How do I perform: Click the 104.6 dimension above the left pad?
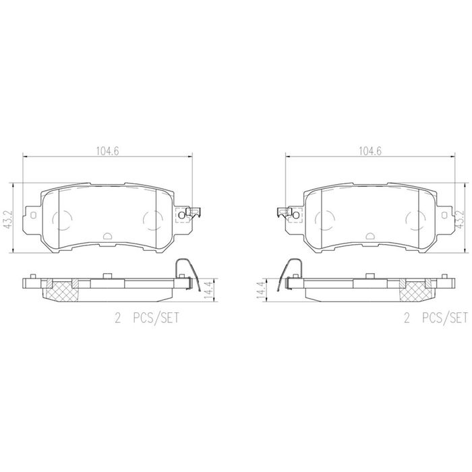tap(107, 151)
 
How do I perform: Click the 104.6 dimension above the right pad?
tap(370, 151)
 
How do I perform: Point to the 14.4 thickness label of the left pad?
tap(208, 289)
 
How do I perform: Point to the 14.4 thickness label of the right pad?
tap(262, 289)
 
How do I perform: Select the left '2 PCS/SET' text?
tap(146, 318)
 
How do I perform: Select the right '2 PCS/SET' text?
tap(436, 318)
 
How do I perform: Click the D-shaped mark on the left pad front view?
tap(107, 236)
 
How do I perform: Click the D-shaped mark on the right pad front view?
tap(370, 236)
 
